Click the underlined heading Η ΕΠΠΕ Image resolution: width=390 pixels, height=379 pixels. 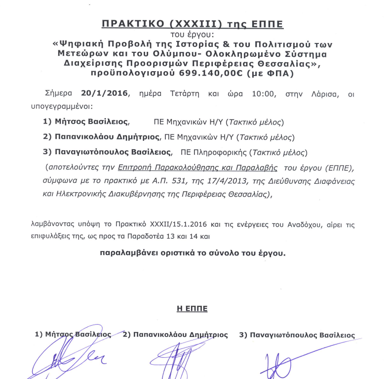coord(192,309)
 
